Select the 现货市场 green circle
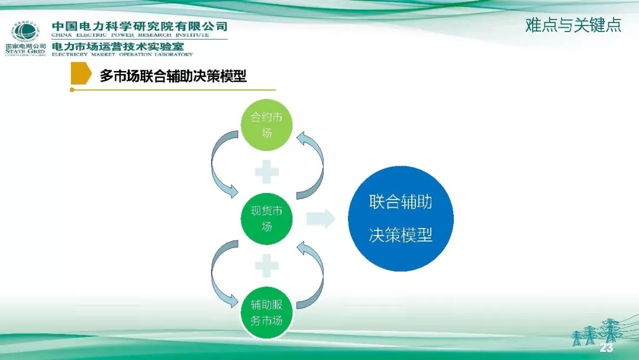pyautogui.click(x=267, y=218)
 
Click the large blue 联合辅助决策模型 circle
pyautogui.click(x=401, y=218)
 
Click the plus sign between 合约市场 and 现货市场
pyautogui.click(x=267, y=172)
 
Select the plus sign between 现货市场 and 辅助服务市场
pyautogui.click(x=267, y=266)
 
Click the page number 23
pyautogui.click(x=606, y=348)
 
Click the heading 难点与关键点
pyautogui.click(x=573, y=25)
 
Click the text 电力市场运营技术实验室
pyautogui.click(x=118, y=46)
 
